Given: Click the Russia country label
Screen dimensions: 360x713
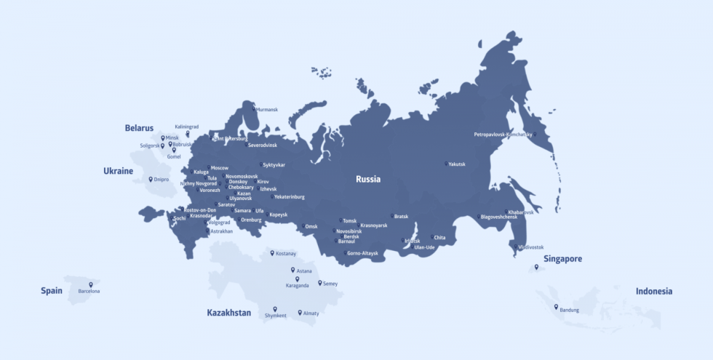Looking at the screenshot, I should pos(367,179).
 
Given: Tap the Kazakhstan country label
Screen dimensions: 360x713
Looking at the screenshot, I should pos(228,313).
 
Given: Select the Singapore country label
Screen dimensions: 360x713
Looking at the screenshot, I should pos(562,259).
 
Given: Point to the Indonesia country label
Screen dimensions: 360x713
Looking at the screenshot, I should pos(653,291).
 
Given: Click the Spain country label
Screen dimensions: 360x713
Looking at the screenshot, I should pos(52,291).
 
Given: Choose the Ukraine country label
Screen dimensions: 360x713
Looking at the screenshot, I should pos(118,172).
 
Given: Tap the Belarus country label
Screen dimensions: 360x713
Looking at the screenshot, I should pos(139,128).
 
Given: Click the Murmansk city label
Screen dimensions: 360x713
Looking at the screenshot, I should pos(266,110).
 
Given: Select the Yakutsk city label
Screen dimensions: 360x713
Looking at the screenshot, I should pos(456,164).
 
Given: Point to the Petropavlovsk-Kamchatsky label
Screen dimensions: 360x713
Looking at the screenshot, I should pos(502,135).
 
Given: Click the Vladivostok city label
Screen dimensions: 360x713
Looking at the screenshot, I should pos(531,247).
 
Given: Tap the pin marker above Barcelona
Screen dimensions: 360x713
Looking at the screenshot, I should pos(91,284).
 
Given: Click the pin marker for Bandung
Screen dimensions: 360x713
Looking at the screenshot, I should pos(556,306).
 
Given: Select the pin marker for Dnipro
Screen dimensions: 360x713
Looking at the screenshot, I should pos(151,179).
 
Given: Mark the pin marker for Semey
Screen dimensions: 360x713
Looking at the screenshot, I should pos(320,282).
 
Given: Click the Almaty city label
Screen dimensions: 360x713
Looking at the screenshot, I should pos(311,313).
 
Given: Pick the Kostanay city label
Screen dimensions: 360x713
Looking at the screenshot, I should pos(285,254).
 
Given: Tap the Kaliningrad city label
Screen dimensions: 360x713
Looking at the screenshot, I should pos(186,127).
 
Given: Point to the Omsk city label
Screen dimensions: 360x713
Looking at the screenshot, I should pos(311,226).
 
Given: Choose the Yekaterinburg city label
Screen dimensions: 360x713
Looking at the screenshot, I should pos(290,197).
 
